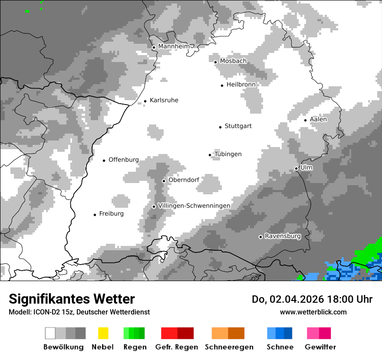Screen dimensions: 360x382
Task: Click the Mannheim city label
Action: [174, 46]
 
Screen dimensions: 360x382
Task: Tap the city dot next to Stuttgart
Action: [220, 127]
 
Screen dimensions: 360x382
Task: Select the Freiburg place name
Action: [111, 214]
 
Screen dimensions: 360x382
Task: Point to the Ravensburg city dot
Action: [260, 237]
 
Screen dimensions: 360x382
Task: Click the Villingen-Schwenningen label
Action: [194, 206]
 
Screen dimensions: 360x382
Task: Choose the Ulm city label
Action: [306, 167]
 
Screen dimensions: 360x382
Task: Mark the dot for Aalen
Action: [305, 120]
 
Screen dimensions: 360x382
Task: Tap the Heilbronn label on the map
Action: [241, 85]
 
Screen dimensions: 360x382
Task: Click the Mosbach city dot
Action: [215, 62]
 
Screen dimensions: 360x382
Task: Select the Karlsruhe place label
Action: [164, 100]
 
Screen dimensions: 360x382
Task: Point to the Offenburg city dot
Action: [104, 160]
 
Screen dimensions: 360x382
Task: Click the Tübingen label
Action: [228, 154]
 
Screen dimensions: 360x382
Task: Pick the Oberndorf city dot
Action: [164, 181]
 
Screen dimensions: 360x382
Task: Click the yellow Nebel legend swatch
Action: [103, 333]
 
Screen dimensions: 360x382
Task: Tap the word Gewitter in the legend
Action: [320, 347]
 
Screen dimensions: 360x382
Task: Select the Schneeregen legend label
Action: [229, 347]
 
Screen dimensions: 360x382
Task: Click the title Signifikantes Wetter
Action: [72, 299]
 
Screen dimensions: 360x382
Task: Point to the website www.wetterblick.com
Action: [313, 312]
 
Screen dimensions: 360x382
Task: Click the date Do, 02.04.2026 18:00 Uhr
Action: [312, 299]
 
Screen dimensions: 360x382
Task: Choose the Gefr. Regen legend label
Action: [176, 347]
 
